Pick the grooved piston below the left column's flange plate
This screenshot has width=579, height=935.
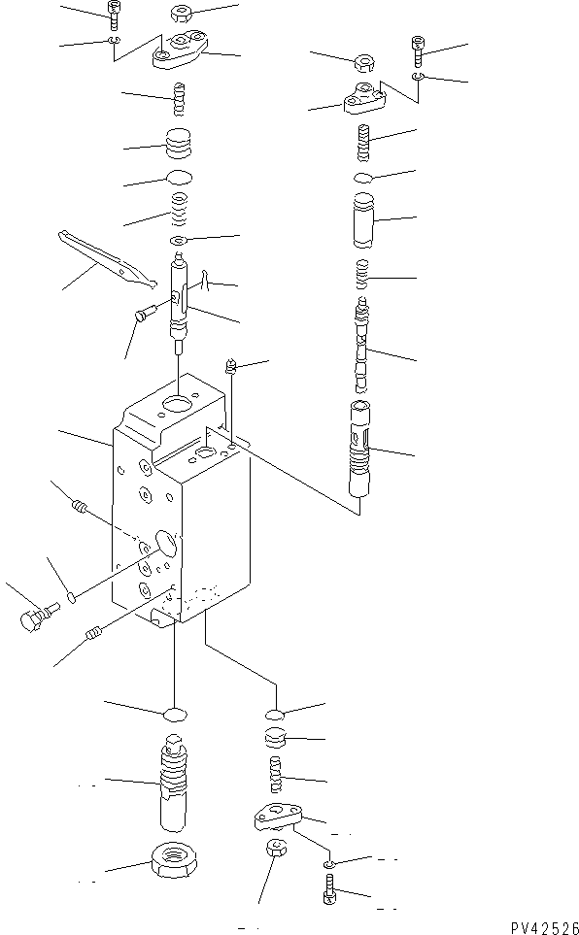[x=178, y=145]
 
